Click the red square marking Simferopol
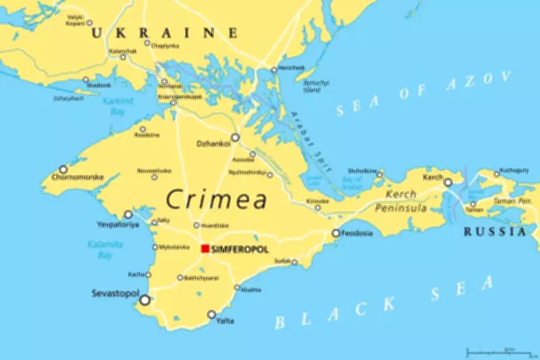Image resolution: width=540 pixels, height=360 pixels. click(205, 249)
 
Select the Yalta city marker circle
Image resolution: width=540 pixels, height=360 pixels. click(211, 314)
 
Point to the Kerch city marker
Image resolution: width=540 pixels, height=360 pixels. click(448, 182)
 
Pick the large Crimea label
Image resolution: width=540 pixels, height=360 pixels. click(216, 200)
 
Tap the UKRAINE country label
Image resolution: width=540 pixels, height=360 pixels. click(165, 32)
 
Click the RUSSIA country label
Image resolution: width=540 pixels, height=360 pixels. click(494, 232)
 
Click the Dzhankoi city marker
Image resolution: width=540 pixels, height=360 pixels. click(236, 137)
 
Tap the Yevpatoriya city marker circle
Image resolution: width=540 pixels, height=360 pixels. click(128, 214)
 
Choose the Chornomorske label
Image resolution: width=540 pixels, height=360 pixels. click(77, 178)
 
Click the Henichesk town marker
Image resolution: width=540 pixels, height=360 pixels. click(274, 70)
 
